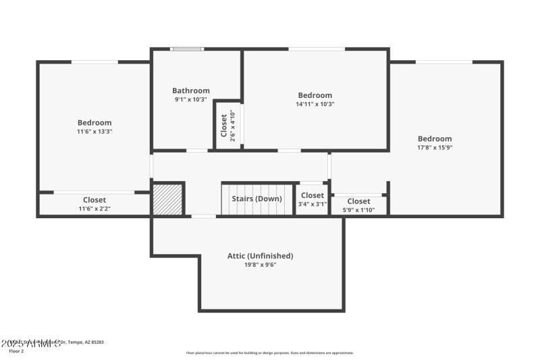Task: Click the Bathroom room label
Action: [x=191, y=91]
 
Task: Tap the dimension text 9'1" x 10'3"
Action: [x=191, y=100]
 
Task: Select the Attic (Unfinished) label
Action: [x=261, y=256]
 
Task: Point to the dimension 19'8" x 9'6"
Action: [x=261, y=265]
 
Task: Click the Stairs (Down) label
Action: [x=257, y=199]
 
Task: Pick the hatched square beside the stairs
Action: [x=167, y=200]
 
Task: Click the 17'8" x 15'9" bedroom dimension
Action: [x=435, y=147]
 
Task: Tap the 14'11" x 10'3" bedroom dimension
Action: [x=315, y=104]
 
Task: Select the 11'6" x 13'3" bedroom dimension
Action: [x=94, y=132]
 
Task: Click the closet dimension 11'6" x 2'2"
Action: [x=94, y=209]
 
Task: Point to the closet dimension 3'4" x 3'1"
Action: [x=313, y=204]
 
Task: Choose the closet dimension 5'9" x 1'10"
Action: [x=358, y=210]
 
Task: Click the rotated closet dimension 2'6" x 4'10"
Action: [x=232, y=125]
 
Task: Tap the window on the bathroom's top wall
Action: [x=186, y=49]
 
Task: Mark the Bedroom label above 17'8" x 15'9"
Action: [x=435, y=138]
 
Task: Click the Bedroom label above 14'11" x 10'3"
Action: [x=315, y=95]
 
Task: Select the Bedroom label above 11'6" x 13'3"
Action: [x=94, y=122]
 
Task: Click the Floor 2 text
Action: [x=16, y=351]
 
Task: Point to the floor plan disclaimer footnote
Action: [x=269, y=353]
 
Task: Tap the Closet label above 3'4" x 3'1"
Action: [x=313, y=195]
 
